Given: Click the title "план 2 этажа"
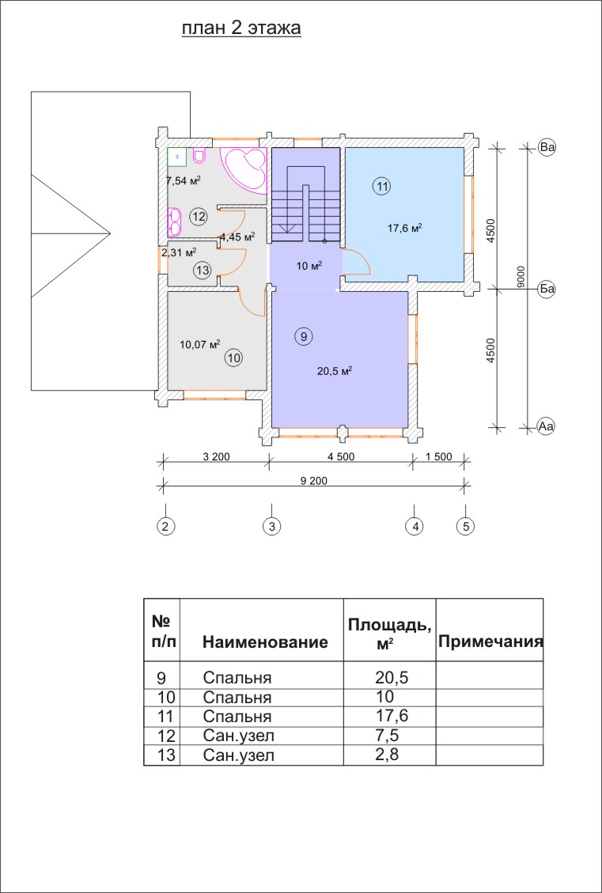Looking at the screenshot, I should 242,29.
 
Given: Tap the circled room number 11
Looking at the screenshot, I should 382,187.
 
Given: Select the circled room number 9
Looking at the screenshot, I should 303,336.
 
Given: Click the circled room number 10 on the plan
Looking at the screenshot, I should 233,358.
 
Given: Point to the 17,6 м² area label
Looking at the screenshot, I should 404,228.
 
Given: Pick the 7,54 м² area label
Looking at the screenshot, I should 182,180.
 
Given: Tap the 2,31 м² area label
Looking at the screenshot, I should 178,253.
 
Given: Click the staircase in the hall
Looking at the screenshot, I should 305,203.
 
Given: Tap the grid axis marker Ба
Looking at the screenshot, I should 547,289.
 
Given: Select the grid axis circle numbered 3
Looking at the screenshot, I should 272,525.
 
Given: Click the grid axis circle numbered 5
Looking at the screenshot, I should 465,525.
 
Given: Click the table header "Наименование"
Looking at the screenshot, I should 265,642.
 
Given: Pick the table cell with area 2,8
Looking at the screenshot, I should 390,755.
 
